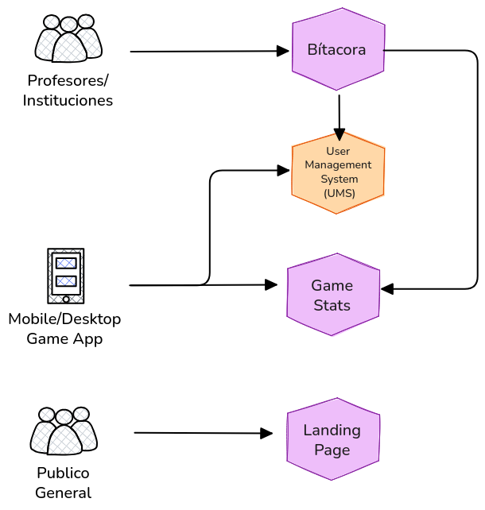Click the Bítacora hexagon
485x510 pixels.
[x=338, y=50]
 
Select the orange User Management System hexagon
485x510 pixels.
[x=338, y=172]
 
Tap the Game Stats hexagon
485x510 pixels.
[x=332, y=295]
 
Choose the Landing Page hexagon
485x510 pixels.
[x=332, y=439]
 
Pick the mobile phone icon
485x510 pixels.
[x=66, y=276]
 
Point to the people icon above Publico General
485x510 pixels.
[x=64, y=431]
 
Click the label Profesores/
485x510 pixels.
[x=68, y=80]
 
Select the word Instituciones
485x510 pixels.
[x=68, y=100]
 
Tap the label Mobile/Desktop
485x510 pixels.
[x=64, y=319]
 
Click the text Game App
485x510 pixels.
[x=64, y=338]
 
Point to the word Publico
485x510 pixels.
[x=64, y=473]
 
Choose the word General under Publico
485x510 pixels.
[x=64, y=493]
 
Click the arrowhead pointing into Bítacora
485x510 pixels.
[x=283, y=51]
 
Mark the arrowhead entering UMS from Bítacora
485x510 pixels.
[x=339, y=136]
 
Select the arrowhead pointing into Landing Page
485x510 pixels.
[x=267, y=434]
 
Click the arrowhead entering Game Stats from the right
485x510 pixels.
[x=387, y=288]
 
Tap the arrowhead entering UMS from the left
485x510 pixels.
[x=283, y=170]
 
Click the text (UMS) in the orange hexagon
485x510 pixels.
[x=339, y=193]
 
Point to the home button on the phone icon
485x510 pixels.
[x=66, y=299]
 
